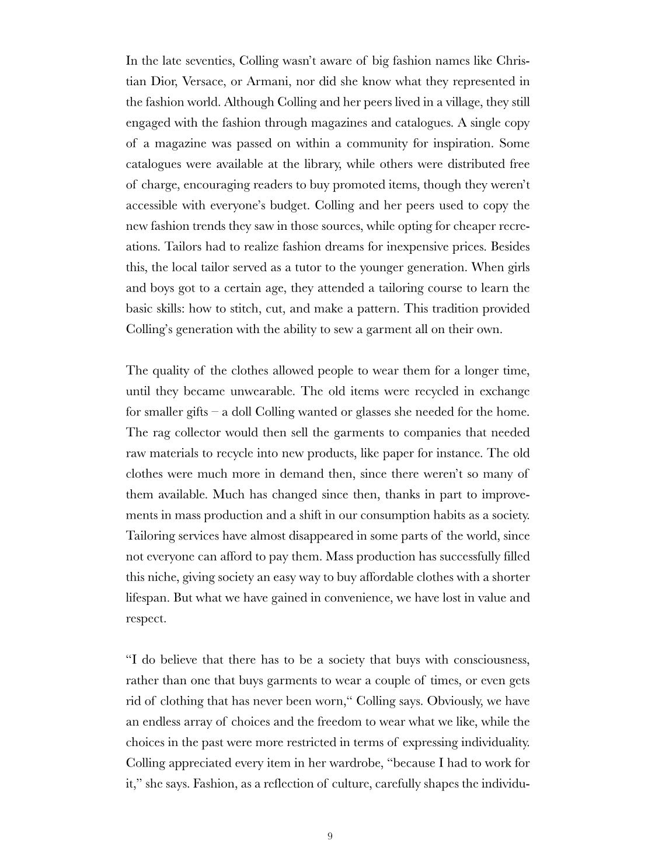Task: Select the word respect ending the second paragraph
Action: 146,618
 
